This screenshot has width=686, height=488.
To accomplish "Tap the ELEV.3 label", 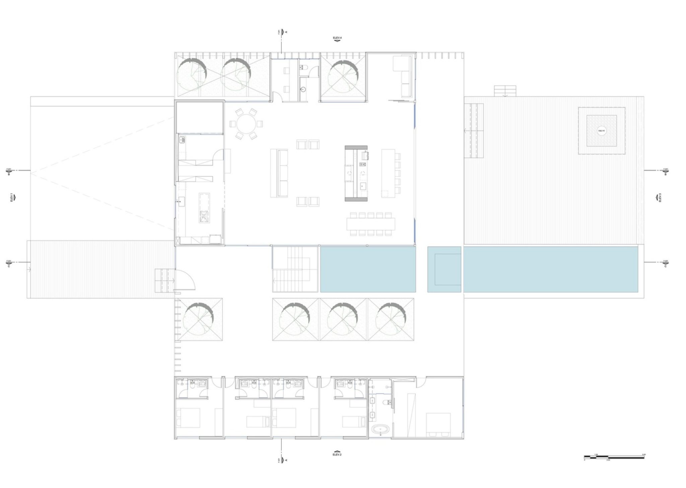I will point(660,198).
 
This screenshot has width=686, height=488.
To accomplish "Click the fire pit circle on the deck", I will point(602,131).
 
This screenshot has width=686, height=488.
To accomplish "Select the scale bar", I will point(615,456).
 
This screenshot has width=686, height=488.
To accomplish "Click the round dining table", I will point(246,124).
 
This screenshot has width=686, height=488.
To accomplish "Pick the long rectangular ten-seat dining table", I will point(371,223).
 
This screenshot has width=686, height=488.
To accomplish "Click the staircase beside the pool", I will point(295,269).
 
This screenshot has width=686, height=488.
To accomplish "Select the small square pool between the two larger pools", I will point(444,269).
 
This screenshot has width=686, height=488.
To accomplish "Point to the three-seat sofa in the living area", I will point(279,173).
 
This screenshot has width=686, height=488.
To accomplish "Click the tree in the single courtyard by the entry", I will point(198,319).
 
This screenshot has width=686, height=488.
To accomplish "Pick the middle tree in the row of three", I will point(343,319).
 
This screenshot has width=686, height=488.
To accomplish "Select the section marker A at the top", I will point(282,32).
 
